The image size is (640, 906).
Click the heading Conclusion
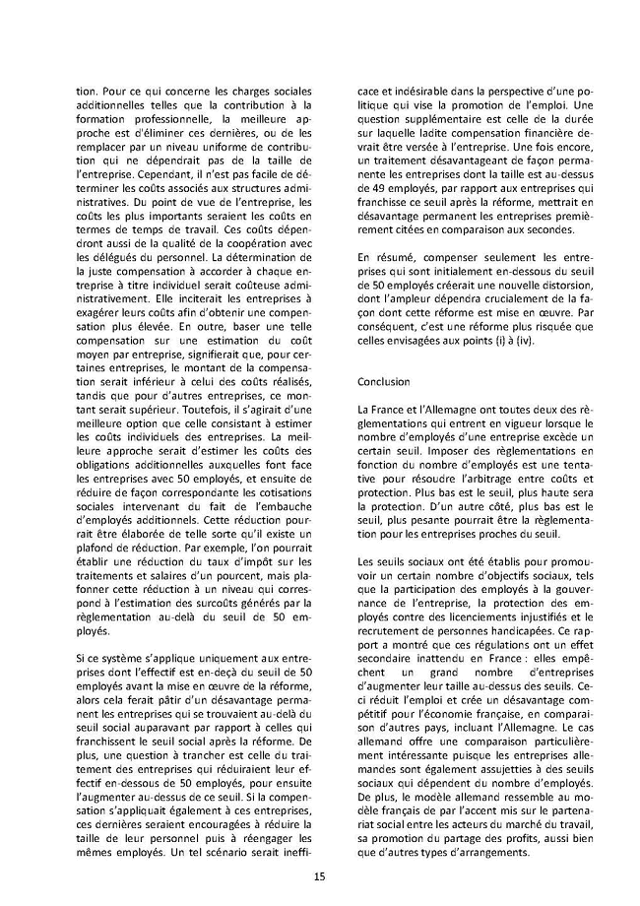[x=382, y=379]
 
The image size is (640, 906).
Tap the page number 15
[x=319, y=875]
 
